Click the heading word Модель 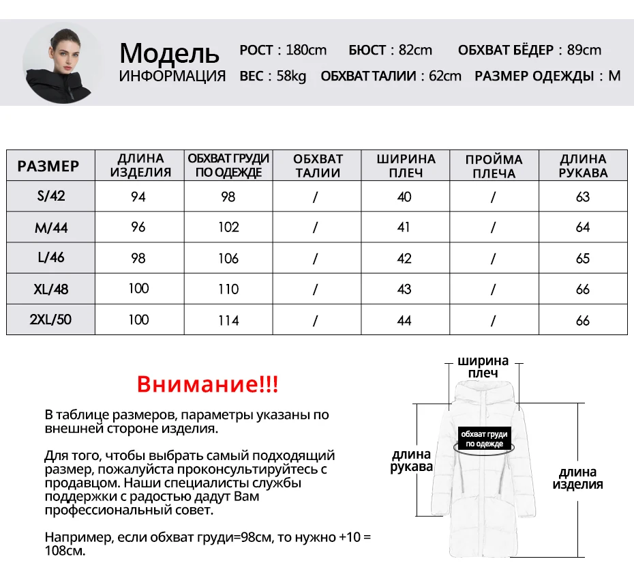pos(169,53)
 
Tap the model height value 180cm pos(306,50)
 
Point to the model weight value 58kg pos(291,76)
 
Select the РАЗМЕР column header pos(48,166)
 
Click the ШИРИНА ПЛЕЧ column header pos(406,166)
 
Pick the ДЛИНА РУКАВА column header pos(583,166)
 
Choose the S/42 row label pos(51,197)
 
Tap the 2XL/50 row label pos(51,319)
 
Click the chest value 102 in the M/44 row pos(228,227)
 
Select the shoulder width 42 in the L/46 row pos(404,258)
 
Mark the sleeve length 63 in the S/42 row pos(583,197)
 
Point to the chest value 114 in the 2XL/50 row pos(228,320)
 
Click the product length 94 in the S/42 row pos(138,197)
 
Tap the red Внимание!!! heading pos(207,384)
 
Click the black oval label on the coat pos(484,440)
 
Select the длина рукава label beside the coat pos(411,461)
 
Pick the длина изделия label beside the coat pos(577,478)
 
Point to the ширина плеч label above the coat pos(483,367)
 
